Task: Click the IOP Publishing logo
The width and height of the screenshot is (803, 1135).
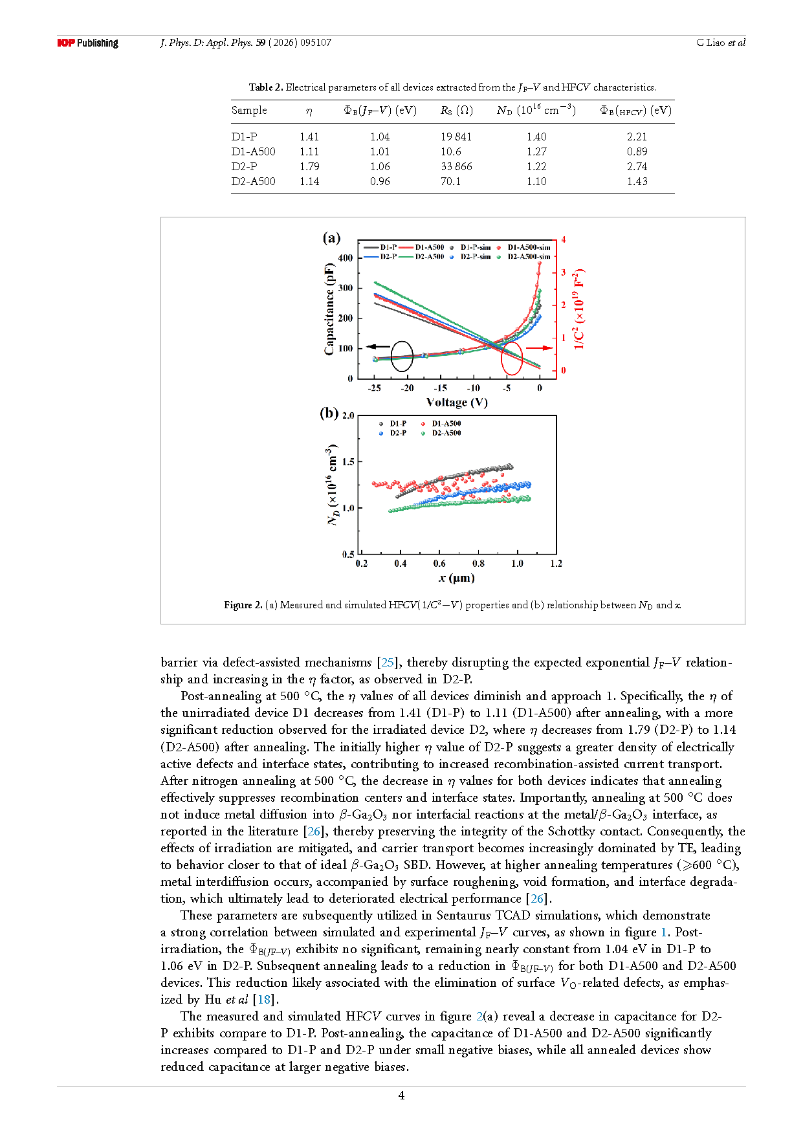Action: (87, 43)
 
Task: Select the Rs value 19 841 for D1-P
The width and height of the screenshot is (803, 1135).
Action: (456, 137)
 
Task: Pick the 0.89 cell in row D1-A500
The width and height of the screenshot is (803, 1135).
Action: (637, 151)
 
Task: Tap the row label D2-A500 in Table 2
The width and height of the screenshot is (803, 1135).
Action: (253, 181)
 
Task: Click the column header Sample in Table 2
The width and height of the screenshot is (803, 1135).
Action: (249, 110)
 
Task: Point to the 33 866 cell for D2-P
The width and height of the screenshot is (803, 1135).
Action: (456, 166)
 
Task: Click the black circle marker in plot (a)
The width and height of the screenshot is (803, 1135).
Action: (402, 357)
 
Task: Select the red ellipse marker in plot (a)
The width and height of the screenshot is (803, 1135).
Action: (512, 357)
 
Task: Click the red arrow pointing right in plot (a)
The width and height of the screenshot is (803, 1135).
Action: (543, 347)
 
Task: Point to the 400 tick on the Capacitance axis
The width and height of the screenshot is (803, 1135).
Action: (346, 258)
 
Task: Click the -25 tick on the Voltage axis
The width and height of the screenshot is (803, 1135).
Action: (374, 388)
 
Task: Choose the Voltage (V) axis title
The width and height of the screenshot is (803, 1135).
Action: (457, 402)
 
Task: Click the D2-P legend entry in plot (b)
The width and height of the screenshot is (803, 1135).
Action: (393, 433)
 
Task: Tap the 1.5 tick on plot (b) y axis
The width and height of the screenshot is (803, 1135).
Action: (348, 462)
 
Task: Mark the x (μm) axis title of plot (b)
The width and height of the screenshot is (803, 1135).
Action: (457, 578)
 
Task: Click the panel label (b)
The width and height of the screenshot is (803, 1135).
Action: (329, 413)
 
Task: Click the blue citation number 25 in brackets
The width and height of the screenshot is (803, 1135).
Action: (388, 662)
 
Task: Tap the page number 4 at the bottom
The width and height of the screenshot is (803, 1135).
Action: (401, 1095)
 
